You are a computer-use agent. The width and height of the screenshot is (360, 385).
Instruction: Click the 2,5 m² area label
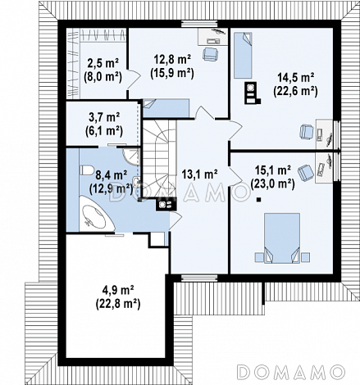103,64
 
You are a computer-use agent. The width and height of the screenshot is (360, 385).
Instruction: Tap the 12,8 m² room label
172,60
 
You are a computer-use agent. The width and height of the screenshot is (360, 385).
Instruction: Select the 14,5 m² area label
295,78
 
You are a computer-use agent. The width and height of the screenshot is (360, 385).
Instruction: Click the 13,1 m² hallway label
199,174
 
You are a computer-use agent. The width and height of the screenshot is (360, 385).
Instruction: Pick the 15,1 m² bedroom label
272,170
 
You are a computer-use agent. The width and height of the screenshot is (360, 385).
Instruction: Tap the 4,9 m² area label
118,290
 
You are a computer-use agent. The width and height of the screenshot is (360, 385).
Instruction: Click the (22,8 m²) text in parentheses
118,304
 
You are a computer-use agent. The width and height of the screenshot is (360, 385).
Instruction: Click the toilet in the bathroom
86,170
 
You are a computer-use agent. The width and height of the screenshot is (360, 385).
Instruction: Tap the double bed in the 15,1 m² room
282,238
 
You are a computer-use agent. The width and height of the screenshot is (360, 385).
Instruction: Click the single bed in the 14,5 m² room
243,56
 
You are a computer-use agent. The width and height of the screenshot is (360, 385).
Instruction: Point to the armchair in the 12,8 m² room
210,54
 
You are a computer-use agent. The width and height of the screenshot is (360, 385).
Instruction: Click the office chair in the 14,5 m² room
307,132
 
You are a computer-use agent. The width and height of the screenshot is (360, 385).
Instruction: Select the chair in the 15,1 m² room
306,172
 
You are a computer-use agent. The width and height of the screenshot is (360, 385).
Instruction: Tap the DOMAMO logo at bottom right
290,372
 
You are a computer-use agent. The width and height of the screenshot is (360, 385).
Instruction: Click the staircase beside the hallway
159,158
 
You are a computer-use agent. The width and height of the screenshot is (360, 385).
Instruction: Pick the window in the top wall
199,24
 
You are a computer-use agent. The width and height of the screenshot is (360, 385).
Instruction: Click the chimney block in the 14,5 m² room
251,93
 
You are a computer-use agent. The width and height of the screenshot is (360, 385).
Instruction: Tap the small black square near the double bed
258,200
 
